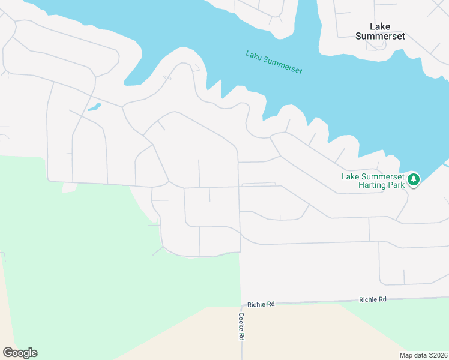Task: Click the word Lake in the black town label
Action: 379,26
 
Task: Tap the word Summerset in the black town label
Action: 379,36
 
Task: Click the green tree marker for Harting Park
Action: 413,179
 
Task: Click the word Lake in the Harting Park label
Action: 351,176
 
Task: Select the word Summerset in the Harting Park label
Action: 382,176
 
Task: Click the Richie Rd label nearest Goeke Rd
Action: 262,304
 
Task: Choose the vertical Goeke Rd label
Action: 241,326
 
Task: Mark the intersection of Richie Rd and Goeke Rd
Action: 241,304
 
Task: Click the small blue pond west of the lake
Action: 94,107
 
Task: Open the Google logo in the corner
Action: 20,353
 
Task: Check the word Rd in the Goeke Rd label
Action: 241,337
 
